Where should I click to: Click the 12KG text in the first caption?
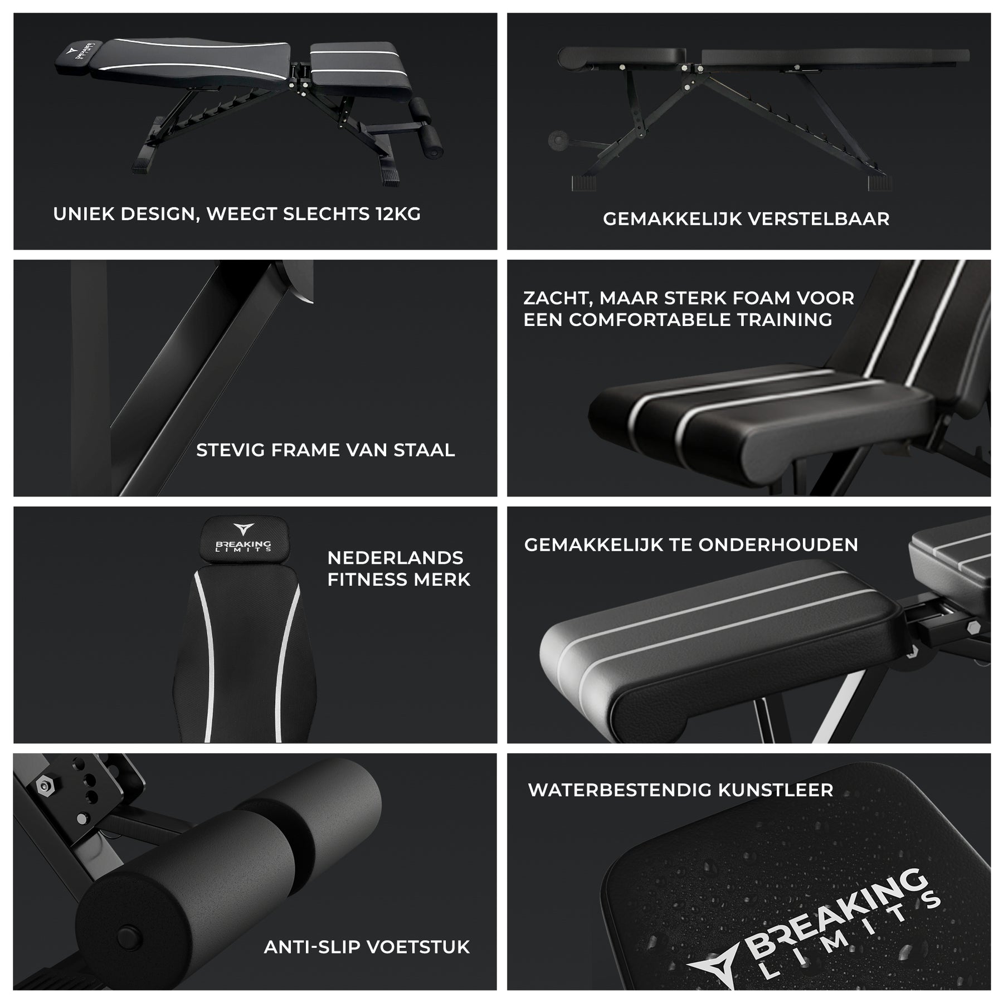398,214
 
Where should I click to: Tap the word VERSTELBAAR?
818,219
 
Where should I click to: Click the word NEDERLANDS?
395,558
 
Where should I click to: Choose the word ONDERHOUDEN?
778,545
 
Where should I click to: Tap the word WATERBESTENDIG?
619,790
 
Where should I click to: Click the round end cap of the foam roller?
129,934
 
